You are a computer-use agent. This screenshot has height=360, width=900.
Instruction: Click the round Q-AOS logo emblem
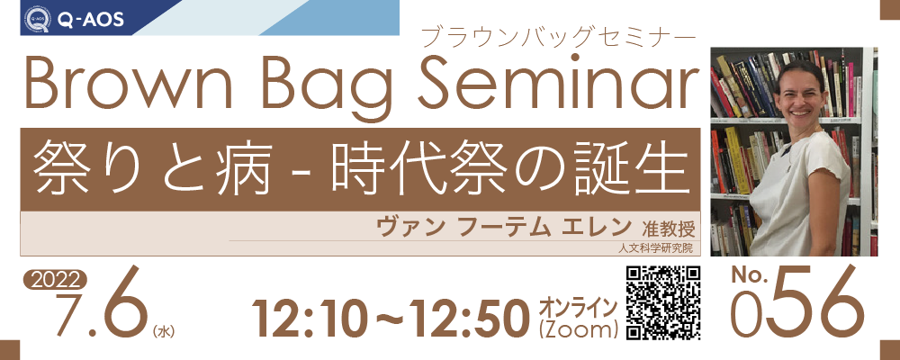(x=37, y=19)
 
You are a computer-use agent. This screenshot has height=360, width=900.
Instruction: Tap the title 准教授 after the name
(x=669, y=229)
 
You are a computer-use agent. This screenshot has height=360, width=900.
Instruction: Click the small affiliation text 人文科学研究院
(x=656, y=248)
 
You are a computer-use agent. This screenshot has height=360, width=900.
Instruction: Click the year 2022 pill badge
(x=55, y=280)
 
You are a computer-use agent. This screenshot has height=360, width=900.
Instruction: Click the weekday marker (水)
(x=164, y=330)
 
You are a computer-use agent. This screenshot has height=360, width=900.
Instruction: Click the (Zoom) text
(x=579, y=329)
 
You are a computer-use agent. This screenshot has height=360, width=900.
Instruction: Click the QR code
(x=663, y=302)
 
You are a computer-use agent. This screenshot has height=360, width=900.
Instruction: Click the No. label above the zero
(x=750, y=276)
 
